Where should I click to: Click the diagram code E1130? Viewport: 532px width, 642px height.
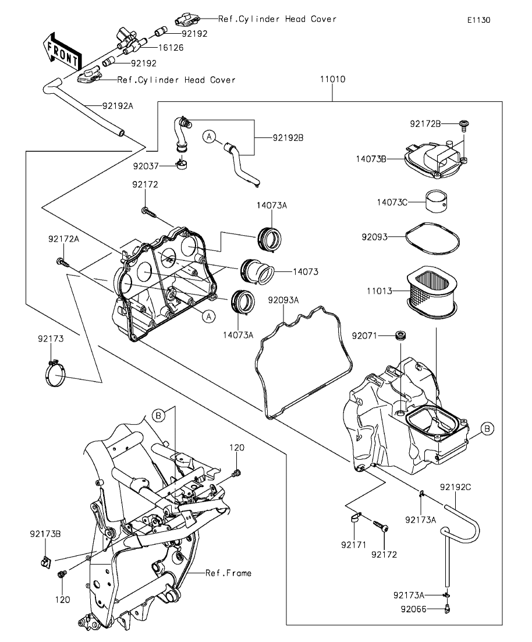click(x=479, y=20)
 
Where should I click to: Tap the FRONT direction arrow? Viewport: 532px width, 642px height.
click(x=62, y=51)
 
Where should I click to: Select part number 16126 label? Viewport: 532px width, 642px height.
click(x=171, y=48)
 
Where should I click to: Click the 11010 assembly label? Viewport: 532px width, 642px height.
click(x=332, y=79)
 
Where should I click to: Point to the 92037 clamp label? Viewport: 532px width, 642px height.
click(x=146, y=166)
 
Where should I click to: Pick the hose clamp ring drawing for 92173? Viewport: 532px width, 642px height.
click(x=55, y=373)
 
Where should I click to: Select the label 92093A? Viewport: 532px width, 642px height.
click(x=283, y=300)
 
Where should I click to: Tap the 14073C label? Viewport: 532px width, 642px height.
click(x=392, y=203)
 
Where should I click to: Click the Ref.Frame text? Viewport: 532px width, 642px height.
click(x=229, y=573)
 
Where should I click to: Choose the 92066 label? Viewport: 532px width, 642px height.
click(x=414, y=609)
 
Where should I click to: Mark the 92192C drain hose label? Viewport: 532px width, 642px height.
click(x=455, y=487)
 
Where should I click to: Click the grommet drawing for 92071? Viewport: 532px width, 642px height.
click(x=400, y=335)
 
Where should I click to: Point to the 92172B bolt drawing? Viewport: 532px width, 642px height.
click(x=464, y=125)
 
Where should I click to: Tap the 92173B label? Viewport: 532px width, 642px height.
click(x=45, y=534)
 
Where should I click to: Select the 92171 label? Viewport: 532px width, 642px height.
click(x=353, y=545)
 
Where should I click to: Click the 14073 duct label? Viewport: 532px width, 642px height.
click(x=306, y=271)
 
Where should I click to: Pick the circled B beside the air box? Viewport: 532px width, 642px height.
click(x=487, y=429)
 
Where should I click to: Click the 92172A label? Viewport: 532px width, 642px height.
click(x=63, y=239)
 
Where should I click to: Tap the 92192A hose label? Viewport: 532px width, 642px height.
click(x=118, y=105)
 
